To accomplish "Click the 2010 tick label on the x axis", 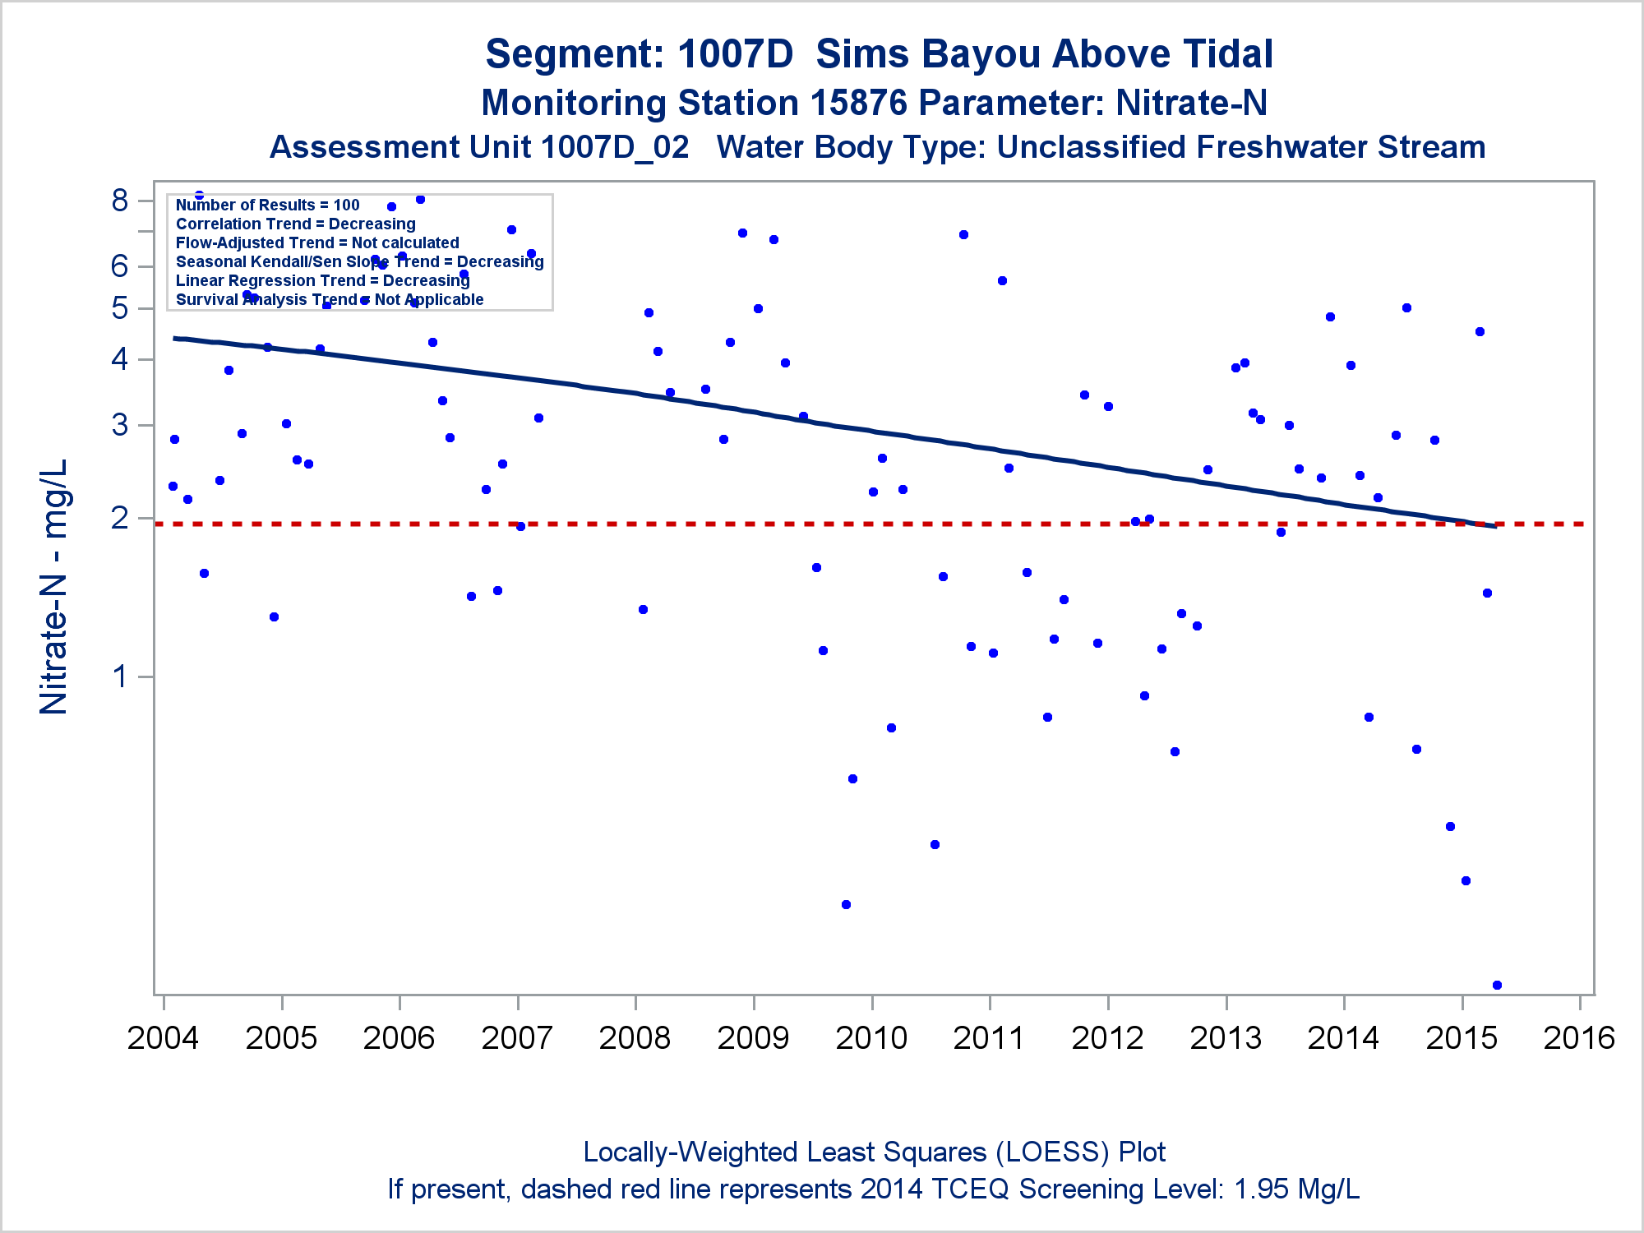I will coord(871,1038).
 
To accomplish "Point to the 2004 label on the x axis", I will coord(163,1038).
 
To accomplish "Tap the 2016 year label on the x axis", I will coord(1579,1038).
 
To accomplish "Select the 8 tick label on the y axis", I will coord(120,201).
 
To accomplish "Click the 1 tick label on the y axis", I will coord(120,677).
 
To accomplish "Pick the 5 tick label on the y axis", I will coord(120,309).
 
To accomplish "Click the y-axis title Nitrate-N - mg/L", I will coord(54,587).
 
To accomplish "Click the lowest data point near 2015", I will coord(1497,985).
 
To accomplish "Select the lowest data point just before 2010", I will coord(846,904).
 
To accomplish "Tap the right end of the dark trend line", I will coord(1494,526).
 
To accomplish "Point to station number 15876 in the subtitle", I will coord(859,104).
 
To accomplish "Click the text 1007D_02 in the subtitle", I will coord(615,148).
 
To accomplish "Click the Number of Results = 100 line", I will coord(268,205).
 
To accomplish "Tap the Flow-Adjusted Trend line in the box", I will coord(317,243).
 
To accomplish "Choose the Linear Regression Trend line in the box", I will coord(322,281).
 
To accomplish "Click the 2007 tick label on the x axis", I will coord(517,1038).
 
